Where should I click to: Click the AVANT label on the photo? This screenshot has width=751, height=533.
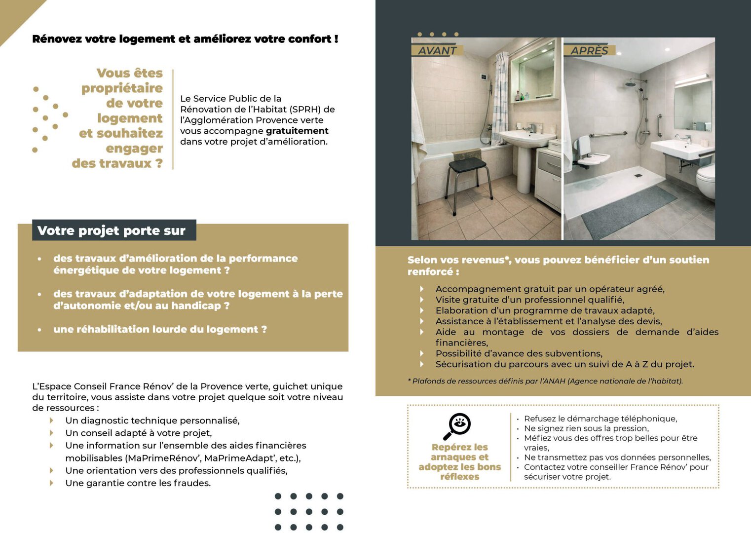(437, 50)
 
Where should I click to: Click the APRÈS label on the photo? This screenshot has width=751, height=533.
(589, 50)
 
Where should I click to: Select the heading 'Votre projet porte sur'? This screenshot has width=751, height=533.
(112, 230)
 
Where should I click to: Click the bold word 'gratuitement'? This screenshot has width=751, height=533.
(297, 131)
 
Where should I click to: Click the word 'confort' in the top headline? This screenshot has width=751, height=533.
(310, 39)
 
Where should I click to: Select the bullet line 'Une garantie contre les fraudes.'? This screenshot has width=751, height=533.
(138, 483)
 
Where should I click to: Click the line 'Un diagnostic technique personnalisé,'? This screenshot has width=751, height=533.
(152, 420)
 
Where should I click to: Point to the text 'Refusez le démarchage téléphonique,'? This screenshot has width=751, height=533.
(600, 419)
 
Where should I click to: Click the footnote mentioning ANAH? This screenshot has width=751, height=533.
(545, 381)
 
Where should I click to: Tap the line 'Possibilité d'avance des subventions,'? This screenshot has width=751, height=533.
(519, 353)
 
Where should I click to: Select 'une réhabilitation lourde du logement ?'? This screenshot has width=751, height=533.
(160, 329)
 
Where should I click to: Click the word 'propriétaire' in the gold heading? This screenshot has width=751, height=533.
(122, 88)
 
